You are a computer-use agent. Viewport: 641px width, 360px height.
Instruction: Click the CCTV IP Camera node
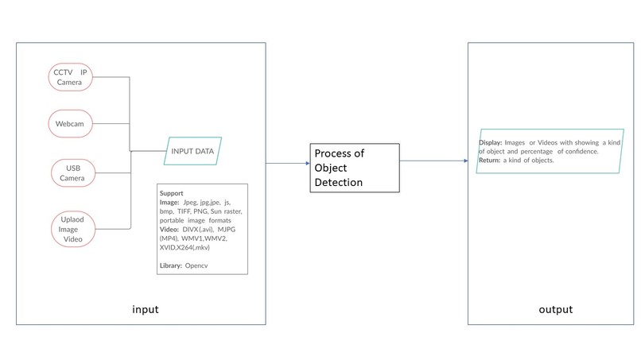coord(70,77)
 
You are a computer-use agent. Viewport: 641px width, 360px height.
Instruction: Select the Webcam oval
coord(70,123)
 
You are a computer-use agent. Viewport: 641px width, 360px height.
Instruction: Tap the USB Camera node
coord(73,173)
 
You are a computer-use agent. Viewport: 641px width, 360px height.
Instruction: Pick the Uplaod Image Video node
coord(73,229)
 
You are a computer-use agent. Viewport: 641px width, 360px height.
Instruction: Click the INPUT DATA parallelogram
coord(192,151)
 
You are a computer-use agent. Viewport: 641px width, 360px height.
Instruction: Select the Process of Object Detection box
coord(355,168)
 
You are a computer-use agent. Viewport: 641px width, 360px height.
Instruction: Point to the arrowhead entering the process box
coord(308,164)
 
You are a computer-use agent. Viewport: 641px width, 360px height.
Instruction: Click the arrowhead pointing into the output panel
coord(465,161)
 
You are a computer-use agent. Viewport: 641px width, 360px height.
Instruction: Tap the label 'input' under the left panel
coord(145,309)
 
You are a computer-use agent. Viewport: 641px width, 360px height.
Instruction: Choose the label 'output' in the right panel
coord(556,310)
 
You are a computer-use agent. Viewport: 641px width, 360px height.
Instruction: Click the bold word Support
coord(171,193)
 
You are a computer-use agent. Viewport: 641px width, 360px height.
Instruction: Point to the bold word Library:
coord(171,265)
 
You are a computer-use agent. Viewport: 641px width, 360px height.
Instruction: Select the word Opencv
coord(196,265)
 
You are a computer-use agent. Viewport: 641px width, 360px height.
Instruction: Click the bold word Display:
coord(491,142)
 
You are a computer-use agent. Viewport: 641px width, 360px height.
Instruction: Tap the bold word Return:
coord(490,161)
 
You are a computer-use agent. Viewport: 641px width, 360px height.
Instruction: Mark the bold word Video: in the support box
coord(169,229)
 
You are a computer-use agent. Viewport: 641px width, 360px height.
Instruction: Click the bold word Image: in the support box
coord(169,203)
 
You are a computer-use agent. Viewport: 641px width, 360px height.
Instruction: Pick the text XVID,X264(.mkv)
coord(185,247)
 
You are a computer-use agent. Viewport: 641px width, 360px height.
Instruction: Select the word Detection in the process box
coord(339,182)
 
